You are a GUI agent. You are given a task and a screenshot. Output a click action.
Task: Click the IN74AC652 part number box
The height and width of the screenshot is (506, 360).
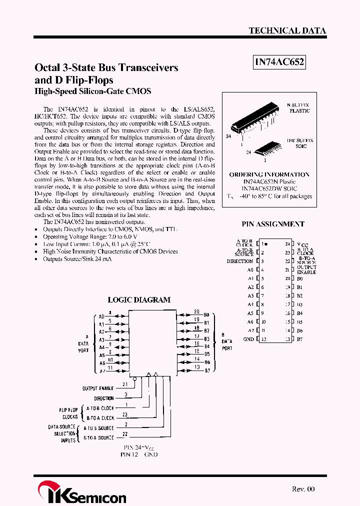[279, 62]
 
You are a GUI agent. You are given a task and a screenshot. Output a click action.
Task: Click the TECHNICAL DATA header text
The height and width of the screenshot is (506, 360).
[287, 30]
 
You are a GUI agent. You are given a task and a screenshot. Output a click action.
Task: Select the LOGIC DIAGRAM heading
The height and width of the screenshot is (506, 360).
[139, 300]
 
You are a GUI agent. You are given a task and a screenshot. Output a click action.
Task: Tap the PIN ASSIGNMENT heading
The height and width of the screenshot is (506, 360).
[273, 224]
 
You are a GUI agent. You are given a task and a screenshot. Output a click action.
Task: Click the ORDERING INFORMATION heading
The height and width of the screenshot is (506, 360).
[269, 174]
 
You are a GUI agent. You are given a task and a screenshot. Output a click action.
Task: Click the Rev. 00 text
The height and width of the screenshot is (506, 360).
[303, 489]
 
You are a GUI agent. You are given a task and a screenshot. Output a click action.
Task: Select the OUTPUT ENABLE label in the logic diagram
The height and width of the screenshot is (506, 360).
[98, 388]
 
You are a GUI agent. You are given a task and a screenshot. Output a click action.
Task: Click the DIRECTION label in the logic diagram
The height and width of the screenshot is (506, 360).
[104, 398]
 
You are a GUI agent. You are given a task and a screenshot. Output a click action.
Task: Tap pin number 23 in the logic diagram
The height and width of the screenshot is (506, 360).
[125, 414]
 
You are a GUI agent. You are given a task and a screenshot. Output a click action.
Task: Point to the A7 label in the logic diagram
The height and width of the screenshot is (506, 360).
[101, 371]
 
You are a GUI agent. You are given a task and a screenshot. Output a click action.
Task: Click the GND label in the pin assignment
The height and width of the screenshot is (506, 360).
[248, 339]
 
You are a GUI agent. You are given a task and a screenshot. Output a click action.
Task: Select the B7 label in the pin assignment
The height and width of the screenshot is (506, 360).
[300, 339]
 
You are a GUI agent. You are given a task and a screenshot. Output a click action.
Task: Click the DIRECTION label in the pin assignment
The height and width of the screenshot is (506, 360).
[239, 261]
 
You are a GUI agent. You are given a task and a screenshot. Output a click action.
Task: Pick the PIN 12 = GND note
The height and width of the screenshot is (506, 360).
[138, 454]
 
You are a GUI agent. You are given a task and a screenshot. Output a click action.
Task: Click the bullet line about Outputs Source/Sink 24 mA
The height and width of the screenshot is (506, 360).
[77, 259]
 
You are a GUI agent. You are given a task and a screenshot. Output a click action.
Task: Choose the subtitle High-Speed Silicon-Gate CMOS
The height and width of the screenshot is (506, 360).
[92, 91]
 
